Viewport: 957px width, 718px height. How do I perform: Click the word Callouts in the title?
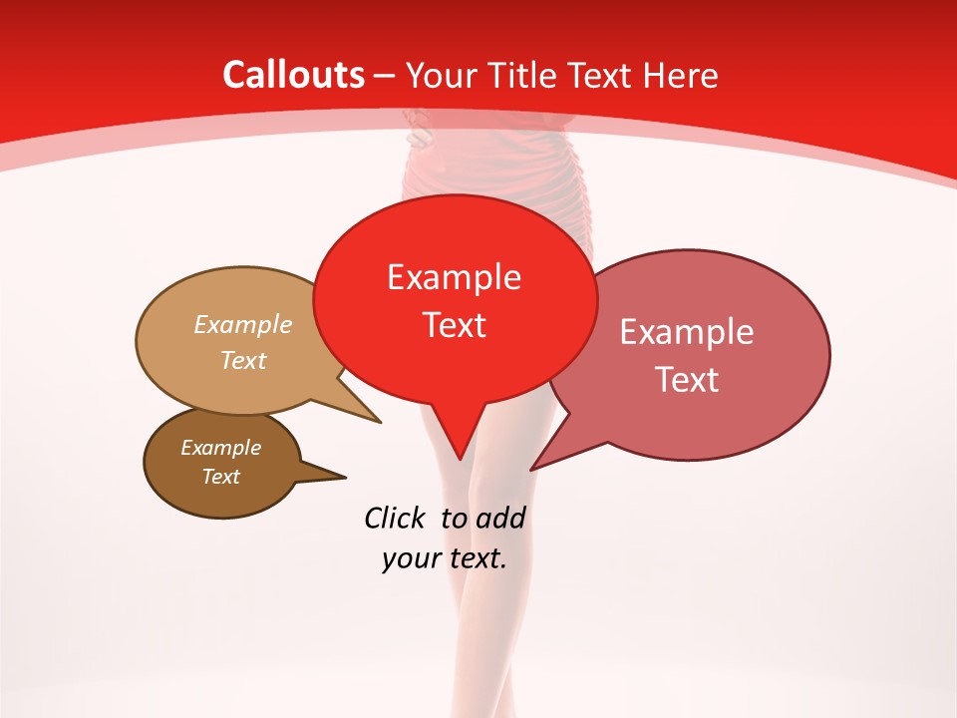tap(294, 75)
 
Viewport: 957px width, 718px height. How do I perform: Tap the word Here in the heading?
tap(683, 75)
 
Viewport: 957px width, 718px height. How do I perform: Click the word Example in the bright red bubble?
tap(454, 277)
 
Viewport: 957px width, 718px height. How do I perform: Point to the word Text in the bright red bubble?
tap(454, 325)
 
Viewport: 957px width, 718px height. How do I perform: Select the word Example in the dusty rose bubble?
tap(687, 332)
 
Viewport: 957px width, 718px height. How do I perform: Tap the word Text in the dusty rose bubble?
tap(687, 380)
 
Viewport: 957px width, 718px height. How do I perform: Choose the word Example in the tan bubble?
tap(243, 325)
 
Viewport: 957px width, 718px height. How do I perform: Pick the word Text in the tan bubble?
tap(243, 360)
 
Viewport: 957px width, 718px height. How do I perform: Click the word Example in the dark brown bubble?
tap(220, 448)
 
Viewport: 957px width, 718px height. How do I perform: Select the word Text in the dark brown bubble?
tap(220, 477)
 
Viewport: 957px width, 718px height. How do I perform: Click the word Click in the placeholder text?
tap(394, 518)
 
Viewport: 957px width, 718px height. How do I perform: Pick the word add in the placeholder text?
tap(499, 518)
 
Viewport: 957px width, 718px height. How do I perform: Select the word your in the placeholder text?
tap(409, 559)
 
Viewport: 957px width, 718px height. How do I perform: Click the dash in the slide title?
tap(385, 76)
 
